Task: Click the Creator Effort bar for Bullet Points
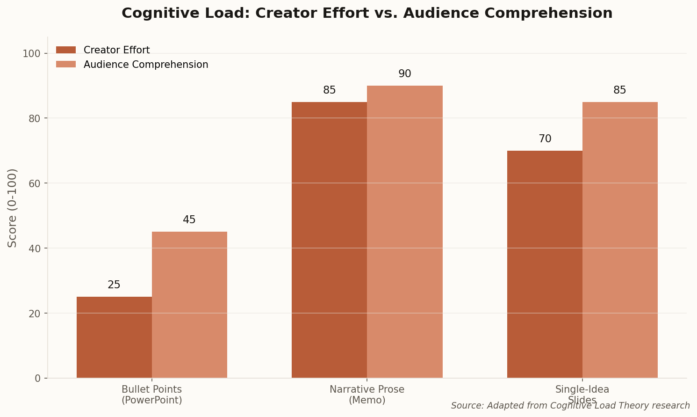pos(114,337)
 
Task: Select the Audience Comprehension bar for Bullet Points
pos(189,304)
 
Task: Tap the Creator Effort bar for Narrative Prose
pos(329,240)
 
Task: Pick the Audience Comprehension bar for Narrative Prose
pos(405,232)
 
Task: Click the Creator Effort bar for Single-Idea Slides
pos(545,264)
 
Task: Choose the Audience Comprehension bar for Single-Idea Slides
pos(620,240)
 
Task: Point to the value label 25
pos(114,285)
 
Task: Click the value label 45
pos(189,220)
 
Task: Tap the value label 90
pos(405,74)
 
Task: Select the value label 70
pos(545,139)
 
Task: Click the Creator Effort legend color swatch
pos(65,50)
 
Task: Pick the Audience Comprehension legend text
pos(146,65)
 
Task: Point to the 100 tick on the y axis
pos(35,53)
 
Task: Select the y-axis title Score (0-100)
pos(13,208)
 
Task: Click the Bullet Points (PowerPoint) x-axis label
pos(151,395)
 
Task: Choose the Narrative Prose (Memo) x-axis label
pos(367,395)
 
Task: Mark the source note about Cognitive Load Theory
pos(570,406)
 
